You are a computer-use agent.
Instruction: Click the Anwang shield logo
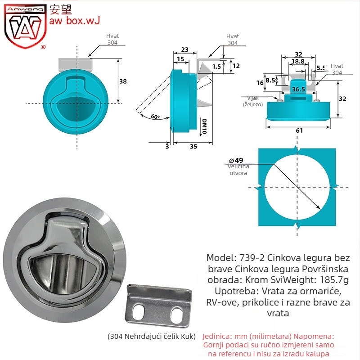pyautogui.click(x=25, y=27)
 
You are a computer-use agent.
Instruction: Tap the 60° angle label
pyautogui.click(x=155, y=117)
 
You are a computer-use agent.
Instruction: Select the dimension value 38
pyautogui.click(x=123, y=81)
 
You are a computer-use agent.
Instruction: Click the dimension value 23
pyautogui.click(x=185, y=49)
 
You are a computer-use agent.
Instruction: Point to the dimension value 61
pyautogui.click(x=299, y=130)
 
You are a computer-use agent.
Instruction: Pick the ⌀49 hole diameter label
pyautogui.click(x=236, y=160)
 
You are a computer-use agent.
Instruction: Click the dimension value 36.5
pyautogui.click(x=298, y=89)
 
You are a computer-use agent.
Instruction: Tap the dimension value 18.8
pyautogui.click(x=298, y=61)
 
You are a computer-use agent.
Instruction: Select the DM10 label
pyautogui.click(x=204, y=126)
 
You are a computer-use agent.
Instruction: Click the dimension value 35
pyautogui.click(x=193, y=147)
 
